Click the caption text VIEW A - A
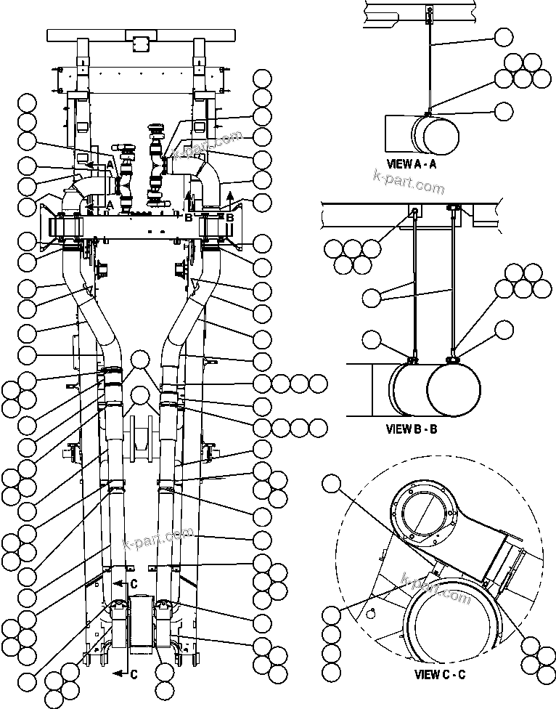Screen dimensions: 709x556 (x=412, y=164)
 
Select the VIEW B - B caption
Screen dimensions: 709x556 (x=412, y=429)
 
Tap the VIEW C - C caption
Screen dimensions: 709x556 (x=440, y=674)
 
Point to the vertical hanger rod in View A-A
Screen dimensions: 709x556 (x=430, y=65)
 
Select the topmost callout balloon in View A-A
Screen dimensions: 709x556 (x=503, y=37)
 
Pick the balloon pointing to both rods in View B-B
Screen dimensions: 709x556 (x=371, y=296)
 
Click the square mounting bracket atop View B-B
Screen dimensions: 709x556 (x=413, y=211)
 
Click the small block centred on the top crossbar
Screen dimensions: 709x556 (x=139, y=38)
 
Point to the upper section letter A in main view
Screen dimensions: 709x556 (x=110, y=164)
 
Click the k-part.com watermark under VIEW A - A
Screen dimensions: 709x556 (x=407, y=182)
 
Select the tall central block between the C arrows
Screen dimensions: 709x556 (x=142, y=628)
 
